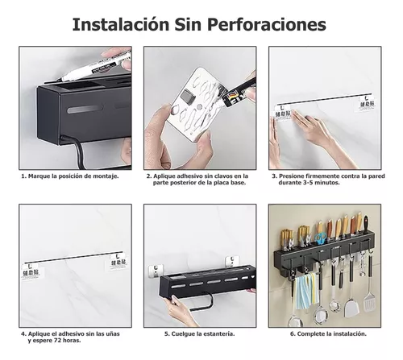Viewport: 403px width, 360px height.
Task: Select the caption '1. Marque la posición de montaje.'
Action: click(x=70, y=175)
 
